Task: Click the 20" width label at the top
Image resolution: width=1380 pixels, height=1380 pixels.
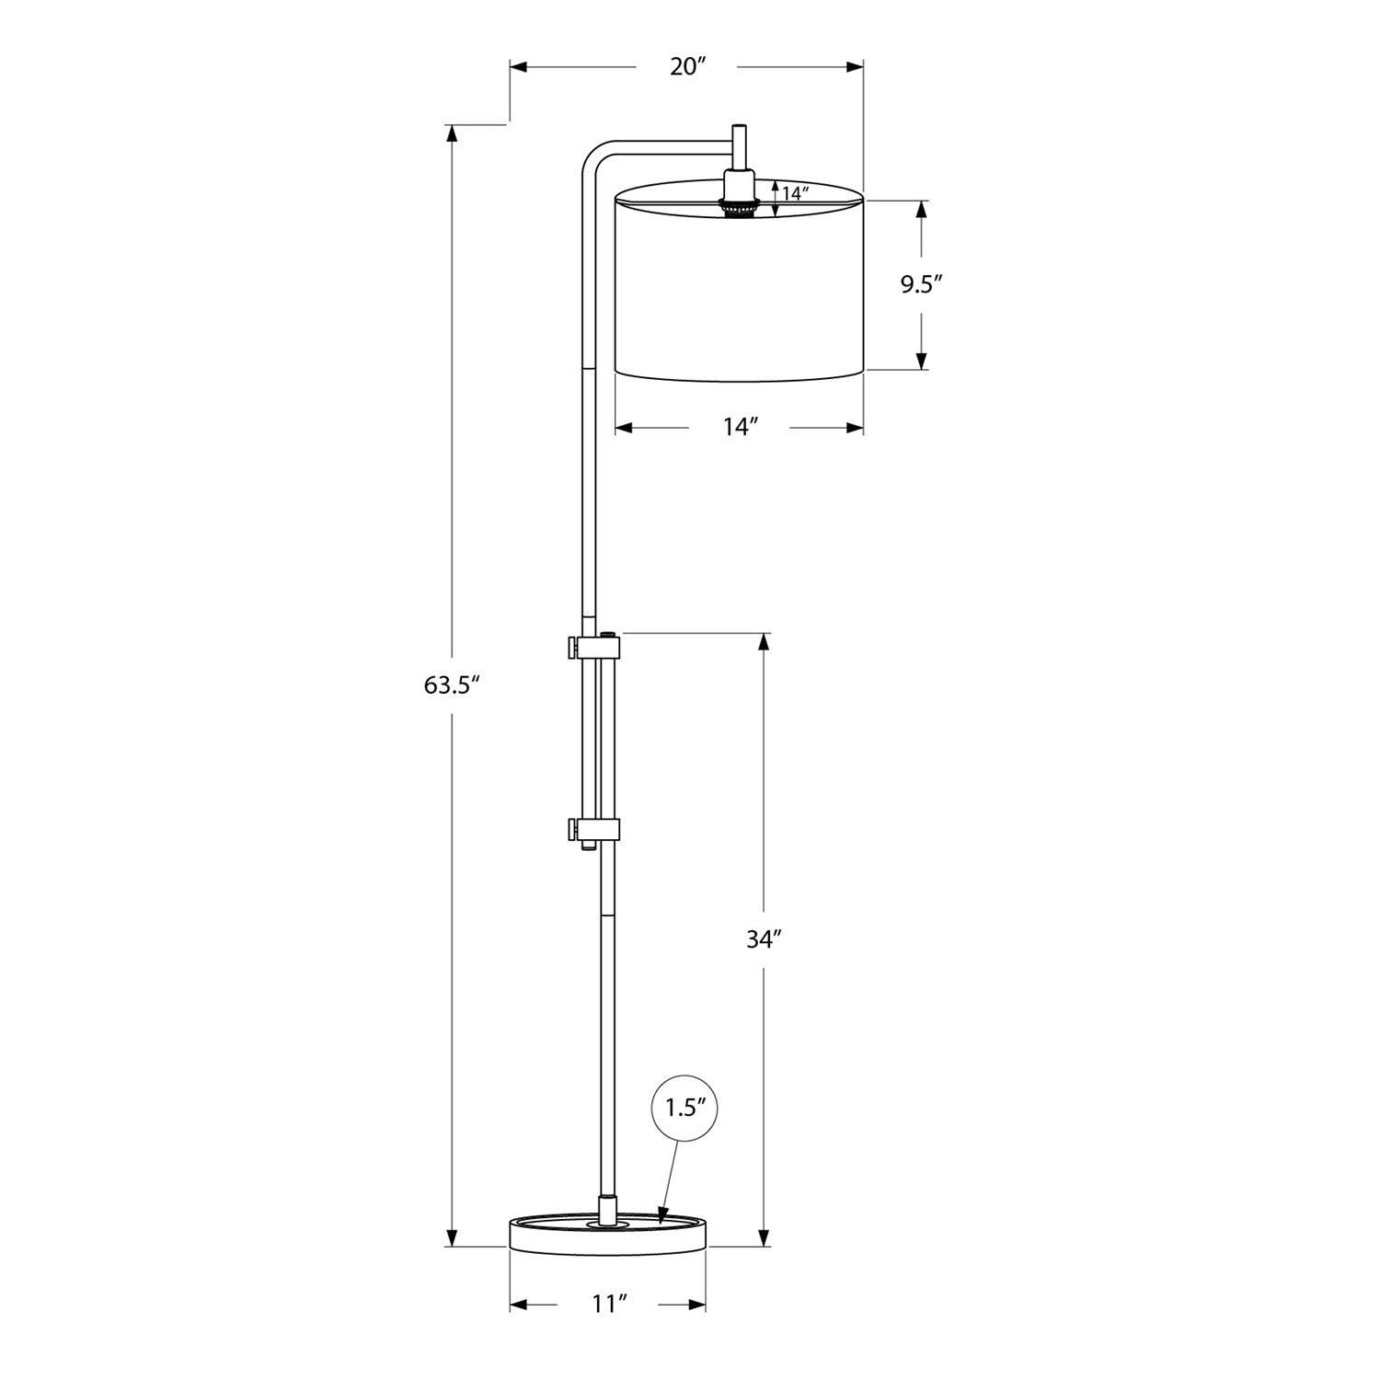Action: (x=687, y=67)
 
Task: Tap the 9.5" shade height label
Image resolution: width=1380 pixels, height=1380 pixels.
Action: (x=922, y=285)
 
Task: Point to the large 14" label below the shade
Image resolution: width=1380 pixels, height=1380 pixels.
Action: (x=740, y=428)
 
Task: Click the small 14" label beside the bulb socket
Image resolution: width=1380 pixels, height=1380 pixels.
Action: (x=794, y=194)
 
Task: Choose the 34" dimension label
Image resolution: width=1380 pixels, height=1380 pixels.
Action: (x=764, y=939)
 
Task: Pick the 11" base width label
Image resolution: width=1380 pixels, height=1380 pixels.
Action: (x=609, y=1305)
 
